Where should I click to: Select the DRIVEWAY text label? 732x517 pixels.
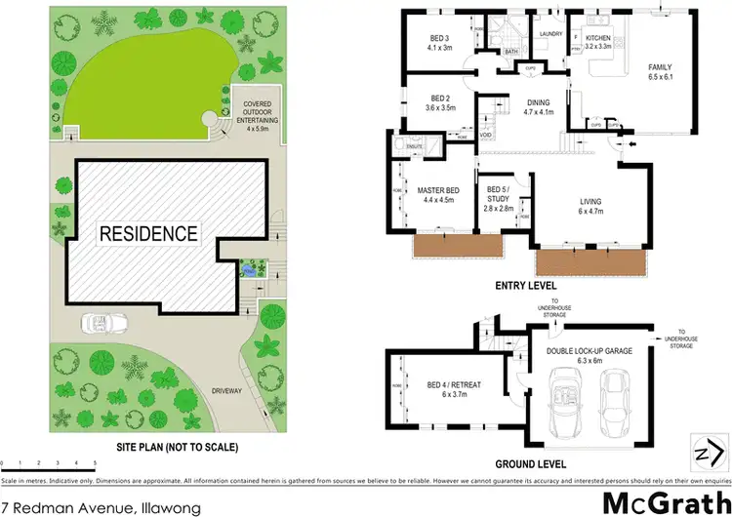(226, 390)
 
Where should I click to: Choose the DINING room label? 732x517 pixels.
(538, 106)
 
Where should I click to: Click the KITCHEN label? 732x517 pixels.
(596, 40)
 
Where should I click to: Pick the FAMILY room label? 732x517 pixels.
(662, 72)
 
